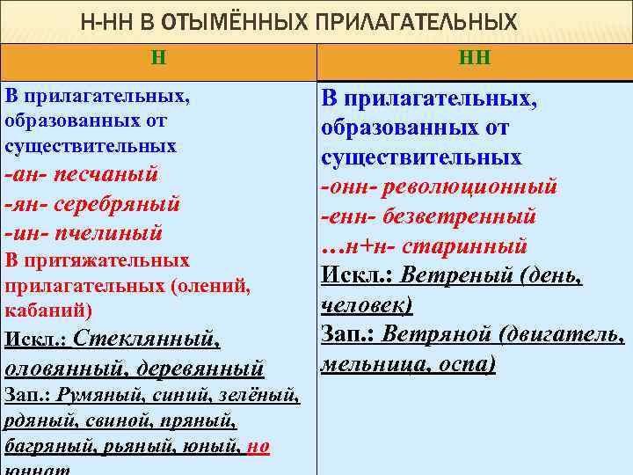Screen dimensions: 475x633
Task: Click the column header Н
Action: [x=158, y=59]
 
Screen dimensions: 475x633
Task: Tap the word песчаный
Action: [x=106, y=174]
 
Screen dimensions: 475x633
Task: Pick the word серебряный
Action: [x=117, y=204]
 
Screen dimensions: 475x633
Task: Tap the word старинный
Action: [x=474, y=246]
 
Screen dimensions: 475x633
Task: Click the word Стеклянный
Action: [x=146, y=338]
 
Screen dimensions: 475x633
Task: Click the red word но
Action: [x=258, y=446]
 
